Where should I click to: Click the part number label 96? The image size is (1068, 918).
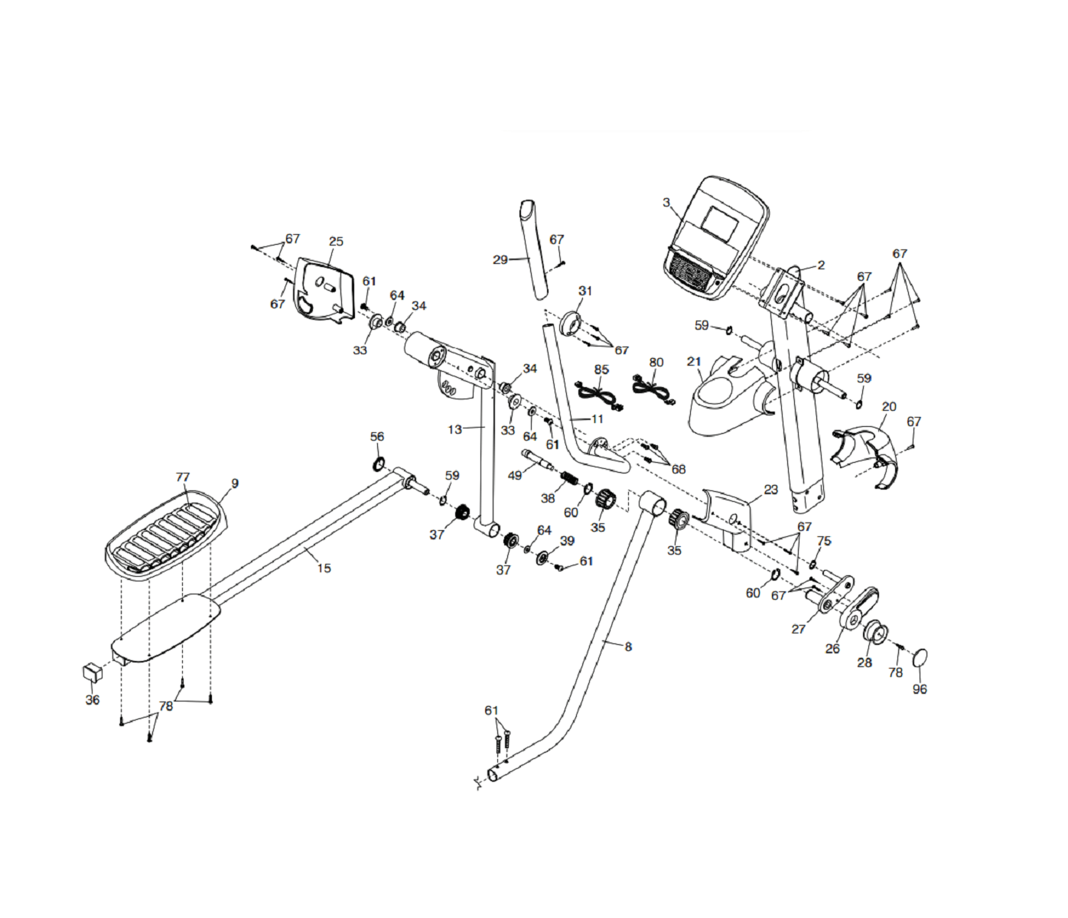tap(920, 688)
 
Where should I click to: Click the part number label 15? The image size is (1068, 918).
tap(324, 568)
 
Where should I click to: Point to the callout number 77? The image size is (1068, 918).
tap(182, 477)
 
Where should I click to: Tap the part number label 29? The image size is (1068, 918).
tap(500, 260)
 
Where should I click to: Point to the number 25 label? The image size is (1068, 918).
tap(336, 241)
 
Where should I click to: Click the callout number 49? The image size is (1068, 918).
tap(515, 475)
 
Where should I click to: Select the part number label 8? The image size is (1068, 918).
tap(628, 646)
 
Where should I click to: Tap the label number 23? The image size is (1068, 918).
tap(770, 490)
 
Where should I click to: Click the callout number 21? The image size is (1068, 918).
tap(694, 362)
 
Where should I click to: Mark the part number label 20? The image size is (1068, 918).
tap(889, 406)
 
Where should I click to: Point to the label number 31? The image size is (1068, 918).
tap(585, 291)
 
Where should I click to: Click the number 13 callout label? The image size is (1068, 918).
tap(454, 429)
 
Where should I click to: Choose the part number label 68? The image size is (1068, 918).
tap(679, 469)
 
